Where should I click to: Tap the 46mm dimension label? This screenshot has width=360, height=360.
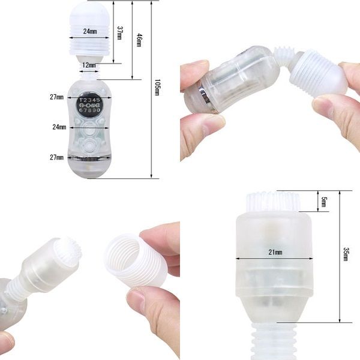tap(139, 40)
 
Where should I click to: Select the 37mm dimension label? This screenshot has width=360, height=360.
tap(120, 32)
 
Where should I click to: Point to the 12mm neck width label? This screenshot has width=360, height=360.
tap(89, 64)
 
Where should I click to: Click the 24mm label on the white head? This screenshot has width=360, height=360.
tap(90, 31)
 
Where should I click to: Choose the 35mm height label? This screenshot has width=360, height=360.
tap(345, 254)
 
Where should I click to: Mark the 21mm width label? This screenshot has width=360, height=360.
tap(275, 253)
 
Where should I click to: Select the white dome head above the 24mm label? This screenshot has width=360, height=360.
tap(90, 13)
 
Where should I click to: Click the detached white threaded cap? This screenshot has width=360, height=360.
tap(134, 264)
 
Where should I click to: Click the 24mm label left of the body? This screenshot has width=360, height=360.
tap(59, 127)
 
